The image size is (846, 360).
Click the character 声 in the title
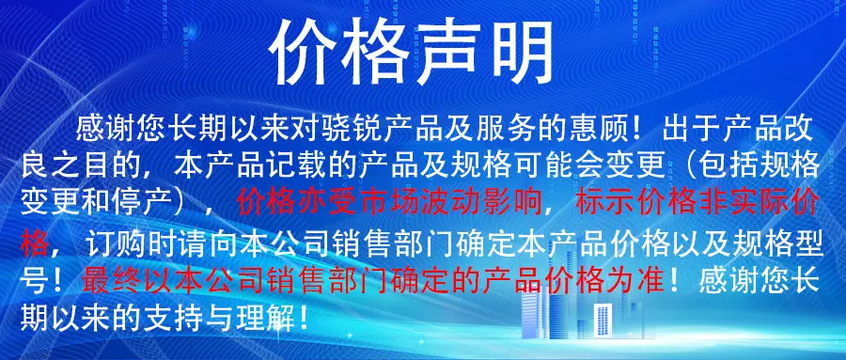448,53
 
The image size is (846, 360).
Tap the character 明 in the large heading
519,53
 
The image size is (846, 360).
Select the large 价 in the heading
304,53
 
